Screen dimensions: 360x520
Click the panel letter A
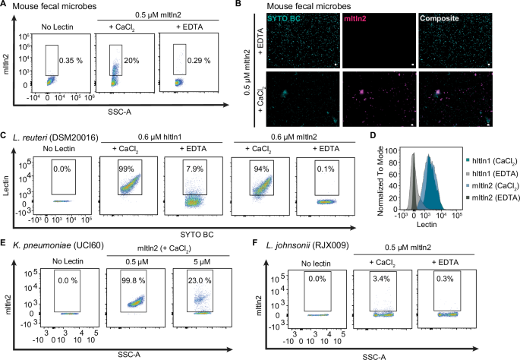[5, 6]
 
